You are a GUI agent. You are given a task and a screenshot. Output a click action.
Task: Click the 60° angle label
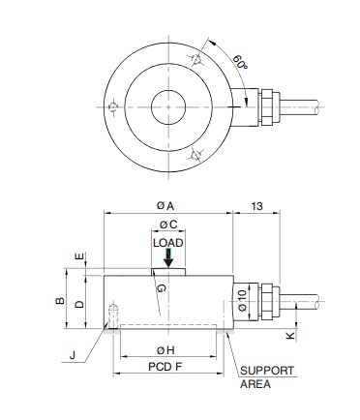point(240,62)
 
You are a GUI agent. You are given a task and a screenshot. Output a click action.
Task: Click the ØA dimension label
point(165,205)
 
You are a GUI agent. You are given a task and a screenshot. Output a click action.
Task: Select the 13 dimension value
point(256,206)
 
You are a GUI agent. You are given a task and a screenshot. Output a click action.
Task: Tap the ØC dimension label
point(168,225)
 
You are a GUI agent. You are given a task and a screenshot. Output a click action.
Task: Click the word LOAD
point(168,243)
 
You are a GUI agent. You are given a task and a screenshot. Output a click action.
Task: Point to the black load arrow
point(168,258)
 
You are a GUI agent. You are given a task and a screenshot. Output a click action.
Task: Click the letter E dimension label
point(79,256)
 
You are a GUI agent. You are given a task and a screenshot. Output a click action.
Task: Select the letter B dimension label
point(60,301)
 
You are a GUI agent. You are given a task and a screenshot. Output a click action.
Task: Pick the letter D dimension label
point(79,304)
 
